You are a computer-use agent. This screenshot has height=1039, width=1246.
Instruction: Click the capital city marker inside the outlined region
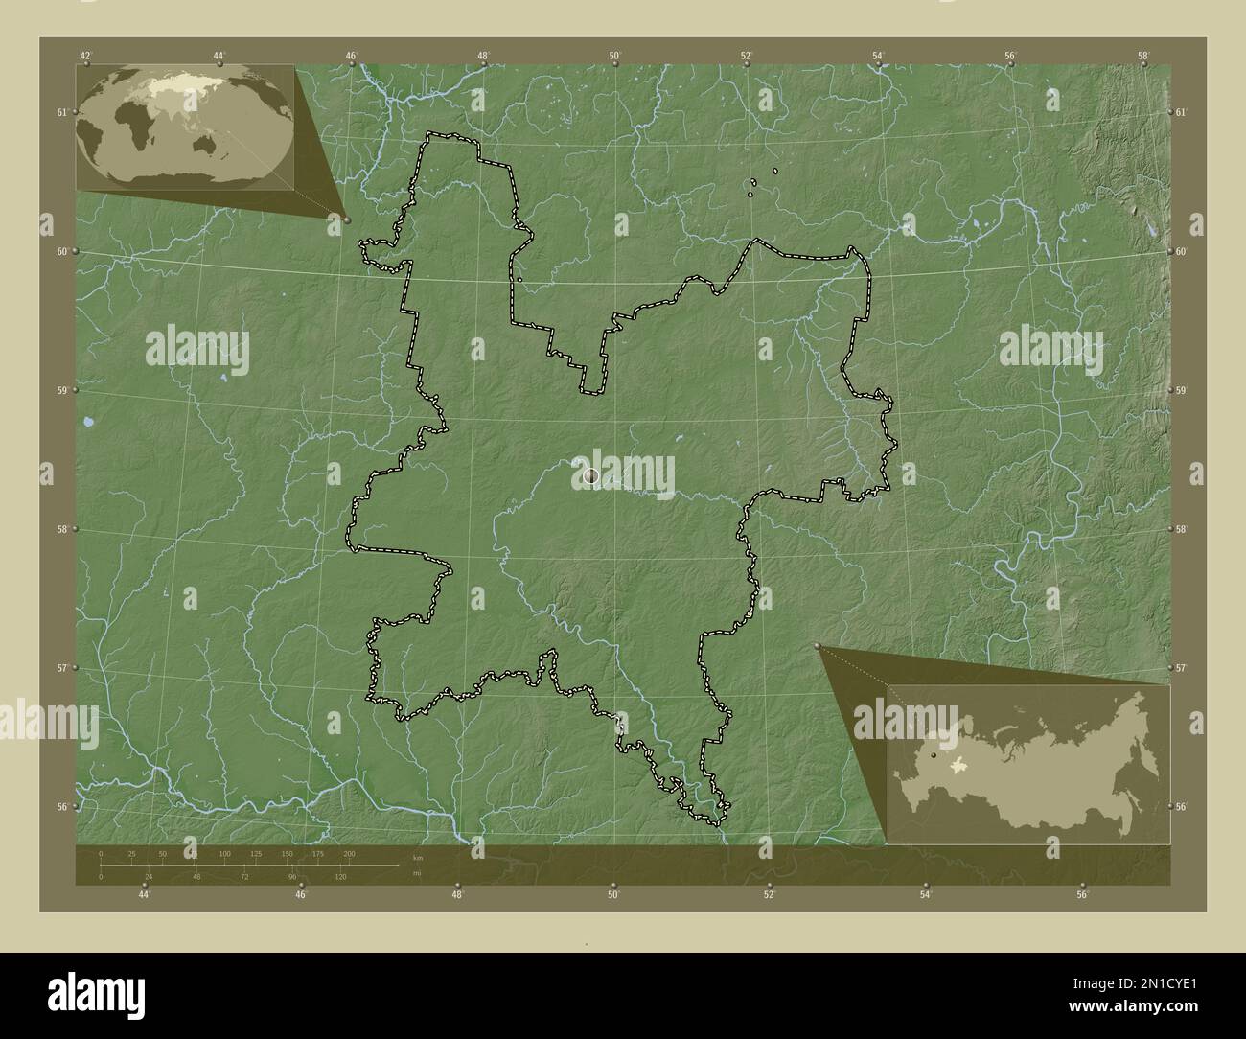coord(590,474)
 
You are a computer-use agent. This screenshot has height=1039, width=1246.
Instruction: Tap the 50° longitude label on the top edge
coord(614,56)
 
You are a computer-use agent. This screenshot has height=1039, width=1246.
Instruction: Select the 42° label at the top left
coord(86,56)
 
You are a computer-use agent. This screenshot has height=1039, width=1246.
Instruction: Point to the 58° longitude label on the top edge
coord(1142,56)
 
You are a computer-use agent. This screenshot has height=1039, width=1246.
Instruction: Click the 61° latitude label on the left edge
coord(61,112)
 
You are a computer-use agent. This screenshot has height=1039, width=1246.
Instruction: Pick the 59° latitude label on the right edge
coord(1181,390)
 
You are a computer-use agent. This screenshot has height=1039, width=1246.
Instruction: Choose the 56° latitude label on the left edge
coord(61,806)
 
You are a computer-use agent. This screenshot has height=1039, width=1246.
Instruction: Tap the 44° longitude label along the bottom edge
coord(144,895)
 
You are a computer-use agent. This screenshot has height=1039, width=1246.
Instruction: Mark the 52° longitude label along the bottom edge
coord(769,895)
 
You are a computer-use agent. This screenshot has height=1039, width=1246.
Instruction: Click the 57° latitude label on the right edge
coord(1181,668)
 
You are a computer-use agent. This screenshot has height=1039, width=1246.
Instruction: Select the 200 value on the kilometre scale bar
coord(349,853)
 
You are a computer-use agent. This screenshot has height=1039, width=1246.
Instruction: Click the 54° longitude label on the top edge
coord(878,56)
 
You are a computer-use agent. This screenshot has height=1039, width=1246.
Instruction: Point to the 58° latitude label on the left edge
coord(61,529)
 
